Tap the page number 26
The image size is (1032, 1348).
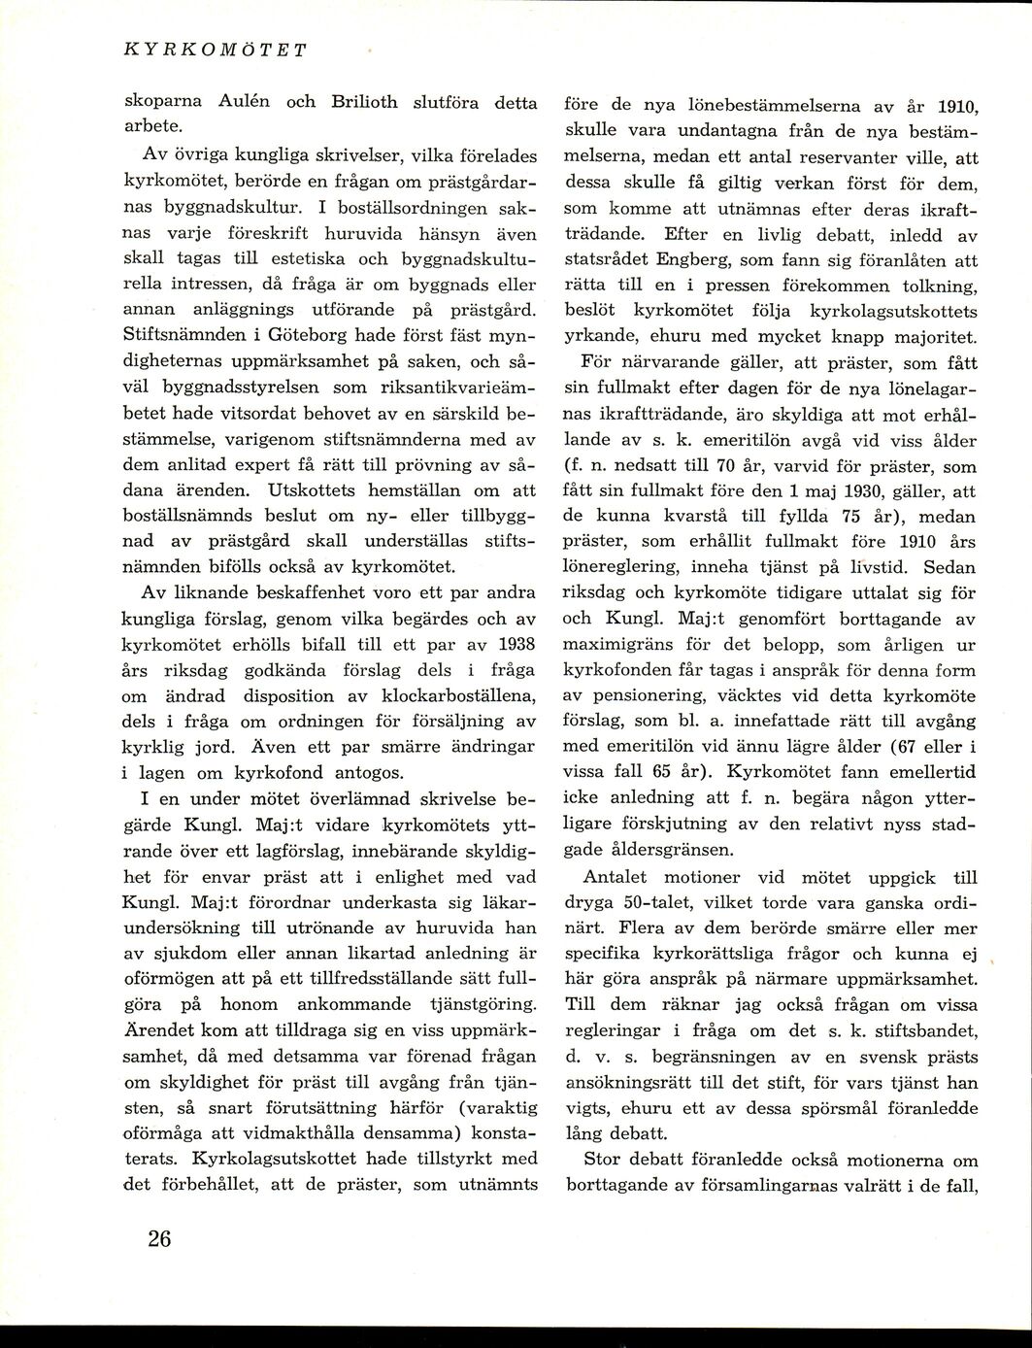(159, 1239)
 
